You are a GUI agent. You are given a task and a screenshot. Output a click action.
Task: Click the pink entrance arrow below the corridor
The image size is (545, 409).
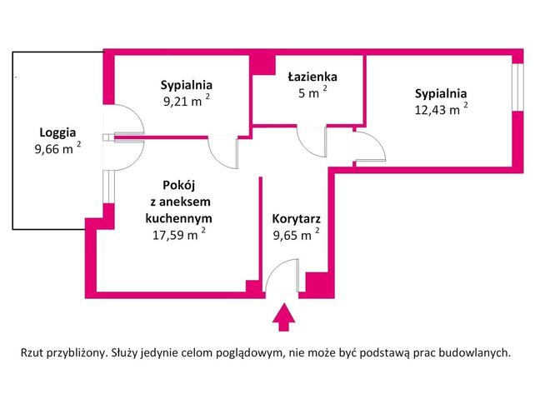283,317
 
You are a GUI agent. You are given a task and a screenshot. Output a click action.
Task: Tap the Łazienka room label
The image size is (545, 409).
312,77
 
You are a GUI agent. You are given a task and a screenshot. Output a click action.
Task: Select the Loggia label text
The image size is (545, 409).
57,132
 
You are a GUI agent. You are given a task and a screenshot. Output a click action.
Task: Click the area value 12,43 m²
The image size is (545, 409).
441,109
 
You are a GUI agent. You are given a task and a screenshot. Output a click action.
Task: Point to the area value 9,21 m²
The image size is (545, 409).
187,101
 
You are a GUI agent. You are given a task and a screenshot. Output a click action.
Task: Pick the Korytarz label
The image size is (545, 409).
296,219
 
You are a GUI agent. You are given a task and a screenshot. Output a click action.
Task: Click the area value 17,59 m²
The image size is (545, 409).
178,235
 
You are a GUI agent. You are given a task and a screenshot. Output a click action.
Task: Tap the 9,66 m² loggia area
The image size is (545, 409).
57,148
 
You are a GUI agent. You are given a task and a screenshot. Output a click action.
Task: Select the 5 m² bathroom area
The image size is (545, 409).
312,92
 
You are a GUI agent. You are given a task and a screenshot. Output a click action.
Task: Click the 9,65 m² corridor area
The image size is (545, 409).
296,235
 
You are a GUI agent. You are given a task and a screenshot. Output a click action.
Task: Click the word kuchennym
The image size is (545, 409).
178,218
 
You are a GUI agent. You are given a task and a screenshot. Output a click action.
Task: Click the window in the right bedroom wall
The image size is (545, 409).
517,87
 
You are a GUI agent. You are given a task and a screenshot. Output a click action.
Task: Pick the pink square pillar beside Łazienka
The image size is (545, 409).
263,65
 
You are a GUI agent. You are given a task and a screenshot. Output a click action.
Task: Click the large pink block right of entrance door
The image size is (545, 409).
320,285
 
